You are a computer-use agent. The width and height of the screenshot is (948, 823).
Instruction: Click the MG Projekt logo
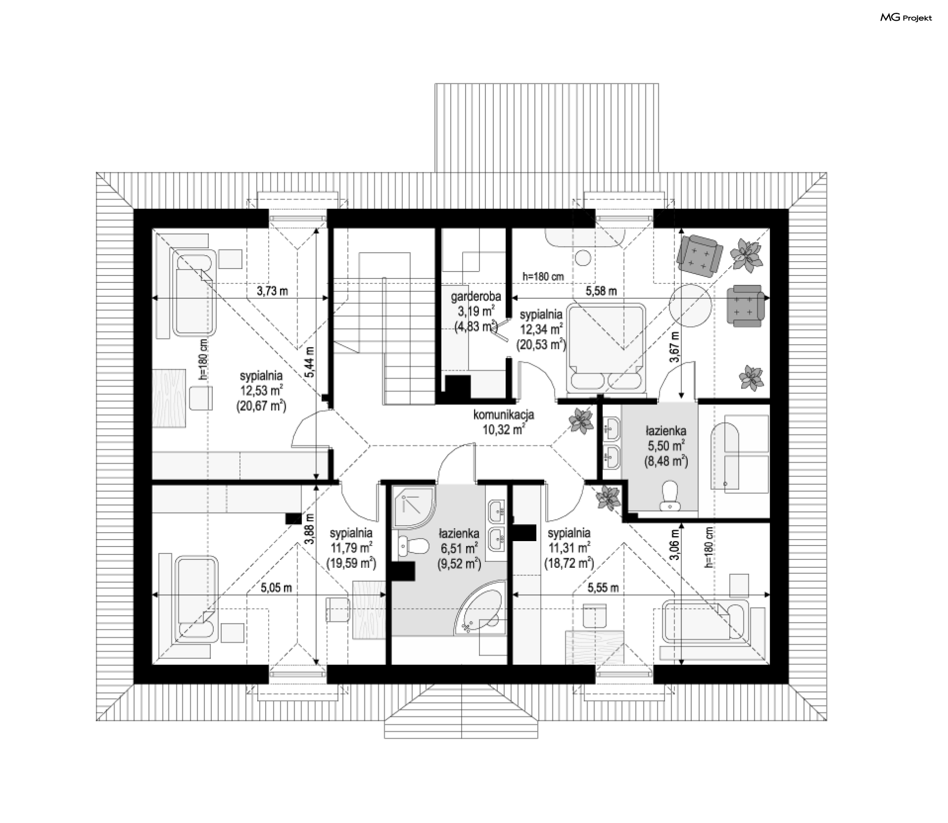(x=907, y=18)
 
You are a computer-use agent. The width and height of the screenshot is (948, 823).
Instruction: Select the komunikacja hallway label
(x=504, y=415)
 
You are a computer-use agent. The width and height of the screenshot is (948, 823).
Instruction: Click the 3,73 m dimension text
(x=273, y=291)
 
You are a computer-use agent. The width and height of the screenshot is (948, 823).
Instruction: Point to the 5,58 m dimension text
(x=601, y=291)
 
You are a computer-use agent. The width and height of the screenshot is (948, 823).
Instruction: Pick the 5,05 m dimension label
(x=276, y=588)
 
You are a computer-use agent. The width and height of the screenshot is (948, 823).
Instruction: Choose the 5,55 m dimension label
(x=603, y=588)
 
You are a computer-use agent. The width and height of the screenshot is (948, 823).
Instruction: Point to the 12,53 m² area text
(x=261, y=390)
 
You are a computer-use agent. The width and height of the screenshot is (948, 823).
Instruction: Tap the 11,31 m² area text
(x=569, y=547)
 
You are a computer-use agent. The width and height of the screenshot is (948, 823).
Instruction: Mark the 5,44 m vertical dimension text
(x=310, y=362)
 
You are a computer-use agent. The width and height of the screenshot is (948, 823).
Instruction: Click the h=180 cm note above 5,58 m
(x=544, y=276)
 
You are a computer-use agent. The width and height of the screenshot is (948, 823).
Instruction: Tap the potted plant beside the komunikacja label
(x=581, y=421)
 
